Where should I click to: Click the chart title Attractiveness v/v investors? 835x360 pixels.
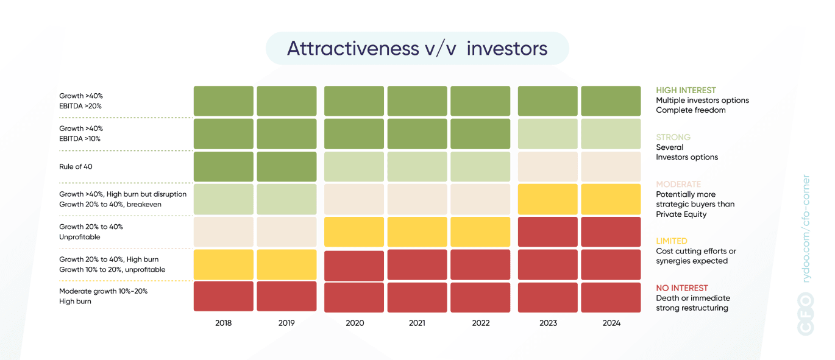click(x=417, y=49)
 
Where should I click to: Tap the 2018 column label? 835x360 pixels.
click(x=223, y=323)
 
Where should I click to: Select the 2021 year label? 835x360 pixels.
click(x=417, y=323)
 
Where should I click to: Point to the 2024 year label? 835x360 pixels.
click(x=611, y=323)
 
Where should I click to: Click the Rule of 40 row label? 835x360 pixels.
click(x=76, y=166)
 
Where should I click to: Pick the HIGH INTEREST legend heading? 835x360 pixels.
click(x=686, y=90)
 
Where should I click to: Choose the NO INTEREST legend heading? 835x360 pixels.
click(x=682, y=288)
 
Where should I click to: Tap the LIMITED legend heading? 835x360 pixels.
click(x=672, y=241)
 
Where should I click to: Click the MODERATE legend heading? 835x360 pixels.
click(x=678, y=184)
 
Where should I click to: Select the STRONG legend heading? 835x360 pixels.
click(x=673, y=137)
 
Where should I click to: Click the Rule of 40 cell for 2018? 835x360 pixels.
click(x=223, y=166)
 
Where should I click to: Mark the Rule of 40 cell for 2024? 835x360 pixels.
click(x=611, y=166)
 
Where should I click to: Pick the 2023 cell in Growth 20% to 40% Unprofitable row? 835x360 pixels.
click(x=547, y=231)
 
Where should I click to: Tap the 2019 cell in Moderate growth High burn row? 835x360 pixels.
click(x=286, y=297)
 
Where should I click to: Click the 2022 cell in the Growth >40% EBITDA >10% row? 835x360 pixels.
click(x=480, y=134)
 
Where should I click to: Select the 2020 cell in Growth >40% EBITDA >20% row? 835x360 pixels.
click(x=354, y=101)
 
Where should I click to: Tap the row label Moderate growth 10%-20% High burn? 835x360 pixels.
click(x=103, y=296)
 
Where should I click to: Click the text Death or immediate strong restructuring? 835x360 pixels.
click(x=692, y=303)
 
